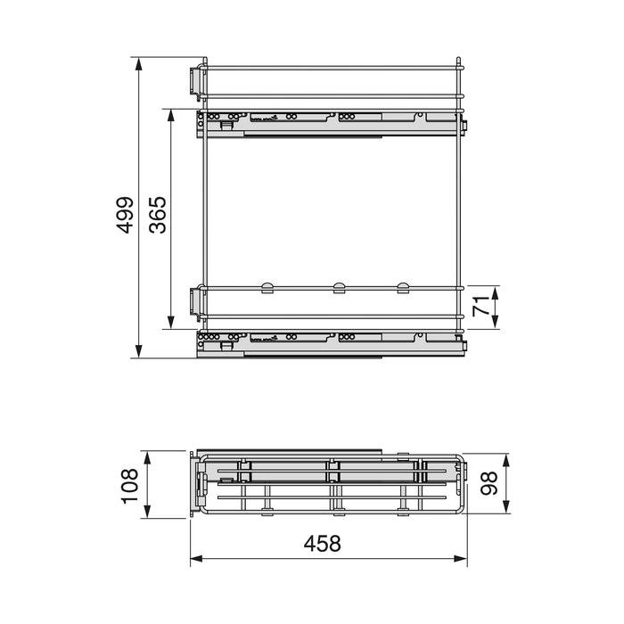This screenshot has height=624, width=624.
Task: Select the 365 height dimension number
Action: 158,215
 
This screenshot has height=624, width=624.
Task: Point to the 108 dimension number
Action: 130,486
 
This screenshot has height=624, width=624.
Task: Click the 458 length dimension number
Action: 322,543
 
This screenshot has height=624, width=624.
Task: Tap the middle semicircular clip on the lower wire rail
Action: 338,286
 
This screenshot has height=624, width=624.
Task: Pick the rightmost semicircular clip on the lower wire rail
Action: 403,286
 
